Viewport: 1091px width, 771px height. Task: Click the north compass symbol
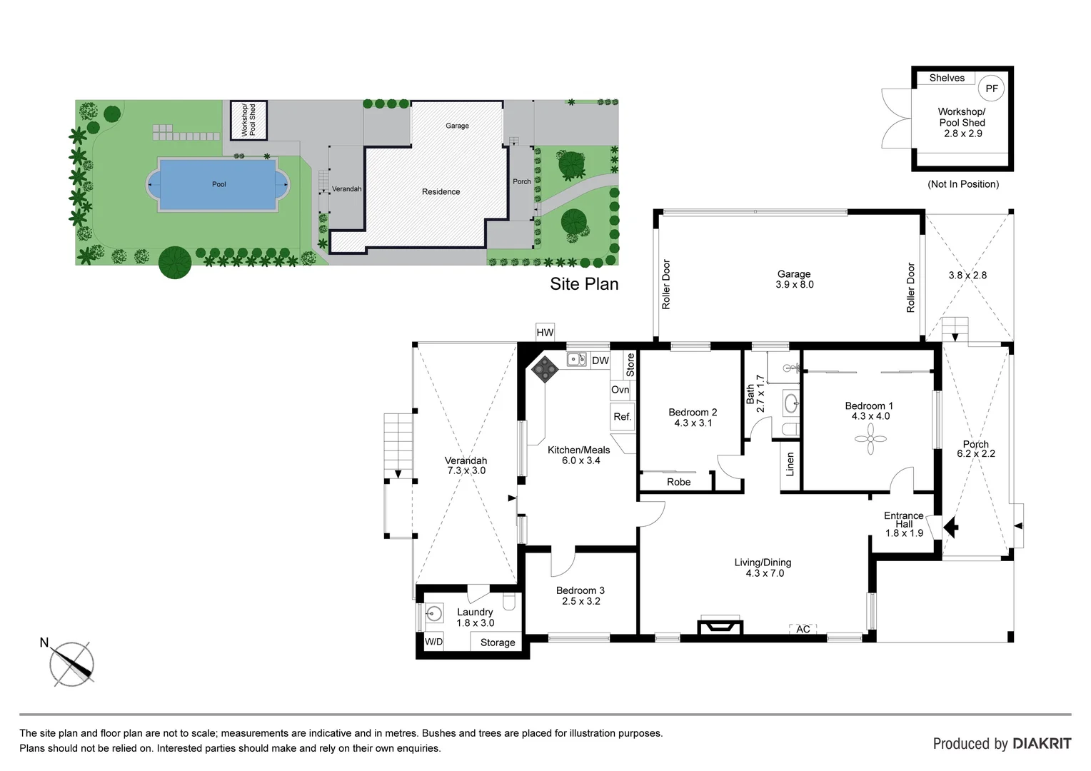coord(71,664)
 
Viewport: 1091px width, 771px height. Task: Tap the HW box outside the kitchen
coord(545,332)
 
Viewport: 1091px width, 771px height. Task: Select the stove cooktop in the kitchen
coord(545,368)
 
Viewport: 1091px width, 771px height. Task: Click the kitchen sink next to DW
coord(577,360)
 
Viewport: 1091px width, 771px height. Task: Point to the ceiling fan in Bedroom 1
coord(870,439)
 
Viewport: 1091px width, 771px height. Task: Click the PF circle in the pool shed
coord(991,89)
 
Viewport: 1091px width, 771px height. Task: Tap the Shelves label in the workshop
coord(947,78)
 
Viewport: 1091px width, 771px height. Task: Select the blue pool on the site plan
coord(218,184)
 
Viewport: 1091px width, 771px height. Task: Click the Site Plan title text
coord(584,284)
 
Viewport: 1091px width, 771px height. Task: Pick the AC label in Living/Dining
coord(803,629)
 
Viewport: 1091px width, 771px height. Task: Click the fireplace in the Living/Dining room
coord(720,626)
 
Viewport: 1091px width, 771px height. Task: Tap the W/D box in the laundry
coord(433,641)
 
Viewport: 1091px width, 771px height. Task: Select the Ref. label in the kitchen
coord(622,417)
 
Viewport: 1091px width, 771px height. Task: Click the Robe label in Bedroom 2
coord(678,482)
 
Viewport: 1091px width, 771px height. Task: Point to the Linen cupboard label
coord(790,464)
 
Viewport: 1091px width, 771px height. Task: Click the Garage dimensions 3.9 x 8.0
coord(794,284)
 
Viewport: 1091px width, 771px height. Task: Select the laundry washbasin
coord(433,613)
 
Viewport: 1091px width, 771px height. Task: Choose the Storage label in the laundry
coord(498,642)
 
